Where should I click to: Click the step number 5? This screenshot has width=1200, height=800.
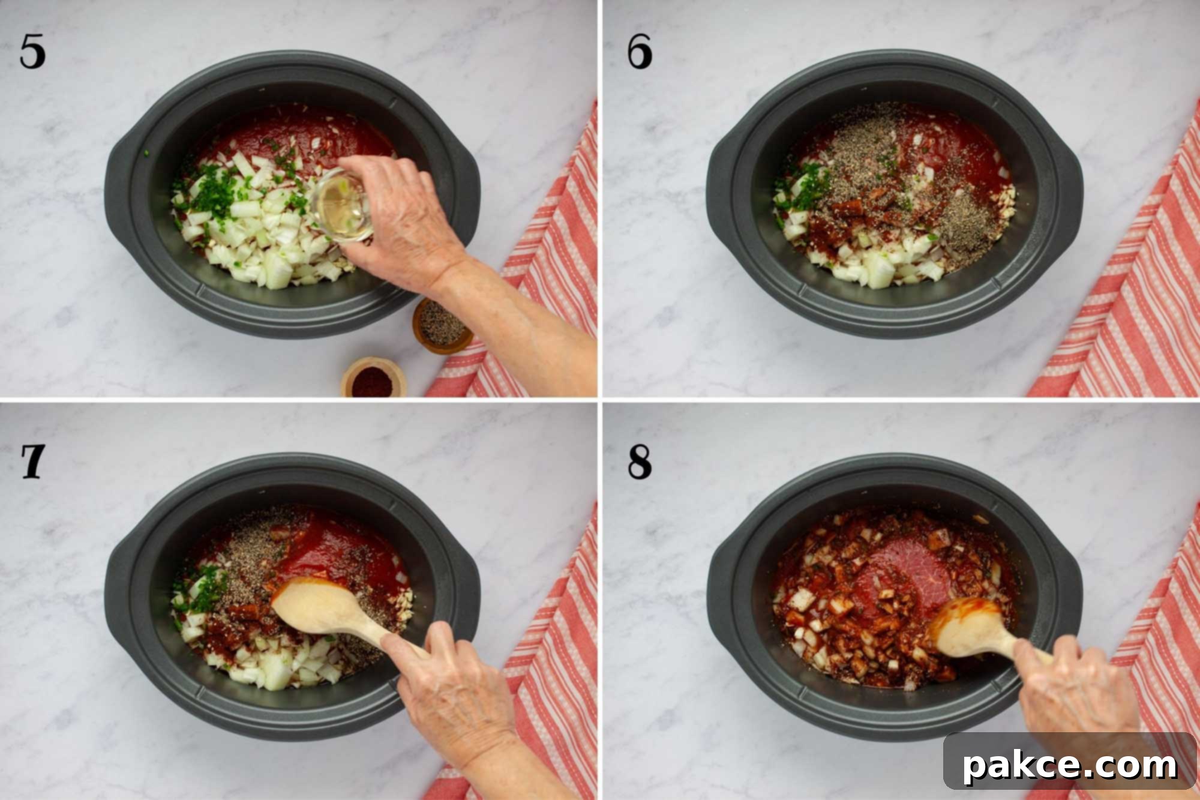coord(32,51)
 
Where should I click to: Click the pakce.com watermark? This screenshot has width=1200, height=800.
coord(1070,765)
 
